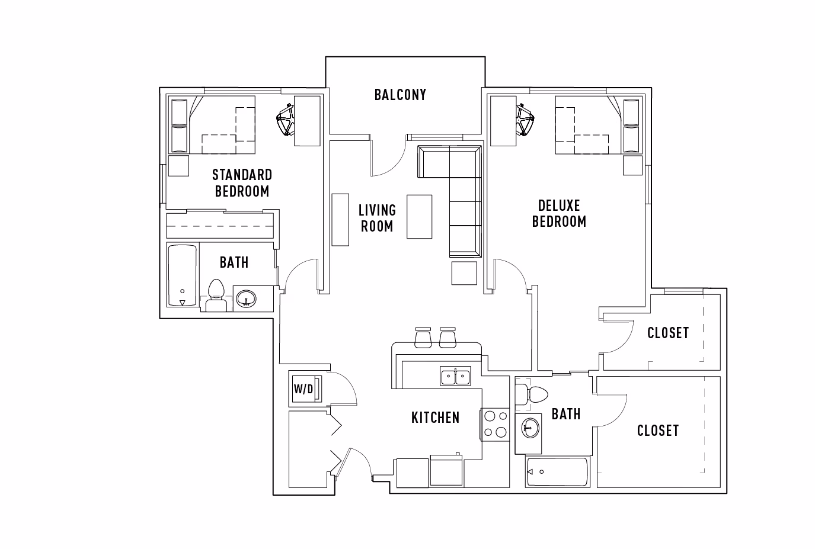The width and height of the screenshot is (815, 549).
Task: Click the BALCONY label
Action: (x=400, y=95)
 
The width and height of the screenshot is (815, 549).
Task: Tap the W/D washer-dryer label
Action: (x=303, y=389)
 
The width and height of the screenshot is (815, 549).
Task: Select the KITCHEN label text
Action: (x=435, y=418)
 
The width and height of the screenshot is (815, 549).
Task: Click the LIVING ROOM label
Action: (x=377, y=218)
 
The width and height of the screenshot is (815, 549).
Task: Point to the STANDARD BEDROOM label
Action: (x=242, y=182)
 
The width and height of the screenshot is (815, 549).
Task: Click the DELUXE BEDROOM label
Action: (x=559, y=213)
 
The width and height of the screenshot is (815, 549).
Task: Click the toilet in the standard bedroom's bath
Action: (x=216, y=296)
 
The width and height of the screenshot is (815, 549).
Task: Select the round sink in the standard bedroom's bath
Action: (x=246, y=298)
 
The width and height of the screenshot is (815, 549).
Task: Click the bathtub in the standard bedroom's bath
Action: (x=182, y=275)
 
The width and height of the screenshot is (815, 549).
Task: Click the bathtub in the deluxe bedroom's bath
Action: (x=557, y=472)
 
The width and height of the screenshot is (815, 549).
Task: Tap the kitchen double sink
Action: (x=455, y=375)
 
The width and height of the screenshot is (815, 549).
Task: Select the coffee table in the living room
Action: (x=419, y=216)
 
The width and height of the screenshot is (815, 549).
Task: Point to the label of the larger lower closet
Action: (x=657, y=431)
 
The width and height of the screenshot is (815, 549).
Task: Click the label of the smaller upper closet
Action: (x=667, y=333)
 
